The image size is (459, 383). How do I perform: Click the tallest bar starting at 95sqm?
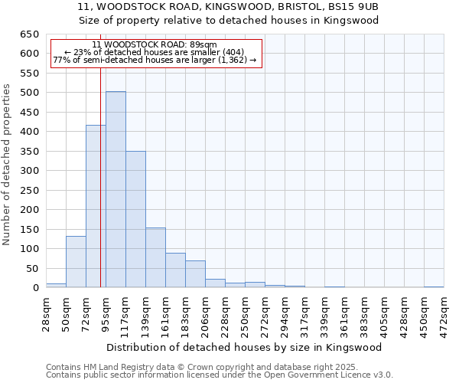tap(116, 189)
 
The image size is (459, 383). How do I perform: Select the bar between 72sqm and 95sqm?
tap(96, 206)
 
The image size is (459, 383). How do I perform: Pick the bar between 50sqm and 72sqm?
tap(76, 262)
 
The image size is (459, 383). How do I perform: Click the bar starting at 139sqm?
tap(155, 257)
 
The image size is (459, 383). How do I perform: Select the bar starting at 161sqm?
tap(175, 270)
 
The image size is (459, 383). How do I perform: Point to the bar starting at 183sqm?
tap(195, 274)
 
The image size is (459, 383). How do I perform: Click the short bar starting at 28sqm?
tap(56, 285)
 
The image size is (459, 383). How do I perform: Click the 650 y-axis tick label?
tap(30, 34)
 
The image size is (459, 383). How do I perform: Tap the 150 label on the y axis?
tap(30, 229)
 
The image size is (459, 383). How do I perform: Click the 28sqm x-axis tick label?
tap(47, 313)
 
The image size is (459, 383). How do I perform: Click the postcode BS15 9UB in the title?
tap(353, 6)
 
